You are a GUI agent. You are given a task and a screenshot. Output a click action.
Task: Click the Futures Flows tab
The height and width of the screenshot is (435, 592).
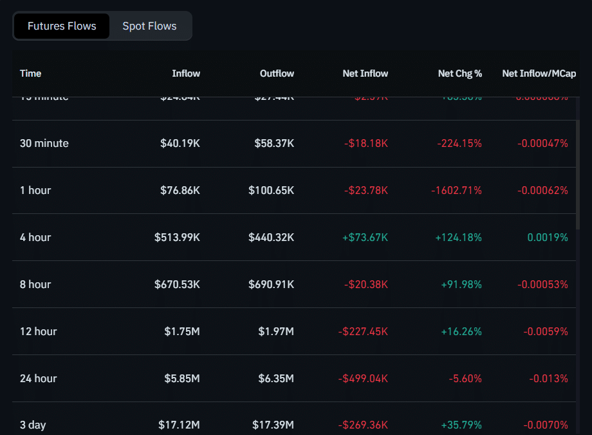pos(62,26)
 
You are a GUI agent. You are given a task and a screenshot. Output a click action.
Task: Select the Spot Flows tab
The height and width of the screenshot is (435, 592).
pos(149,26)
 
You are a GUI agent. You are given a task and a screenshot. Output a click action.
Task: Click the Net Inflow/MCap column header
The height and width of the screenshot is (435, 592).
pos(539,73)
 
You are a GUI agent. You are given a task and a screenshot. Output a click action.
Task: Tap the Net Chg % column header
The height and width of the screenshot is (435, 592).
pos(459,73)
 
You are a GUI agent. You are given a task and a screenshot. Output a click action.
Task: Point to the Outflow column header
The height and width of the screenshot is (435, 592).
pos(277,73)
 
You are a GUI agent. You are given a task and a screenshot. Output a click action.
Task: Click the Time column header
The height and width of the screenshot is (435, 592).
pos(31,73)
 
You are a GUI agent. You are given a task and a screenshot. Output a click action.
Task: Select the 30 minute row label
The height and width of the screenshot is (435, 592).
pos(44,143)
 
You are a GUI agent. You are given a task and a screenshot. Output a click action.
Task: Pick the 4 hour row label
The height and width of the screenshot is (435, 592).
pos(35,237)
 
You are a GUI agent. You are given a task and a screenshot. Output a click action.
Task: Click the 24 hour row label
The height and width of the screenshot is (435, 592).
pos(39,378)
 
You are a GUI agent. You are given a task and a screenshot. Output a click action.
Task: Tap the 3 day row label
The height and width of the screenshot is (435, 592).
pos(33,425)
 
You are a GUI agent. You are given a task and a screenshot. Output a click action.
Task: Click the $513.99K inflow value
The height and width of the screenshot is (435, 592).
pos(177,237)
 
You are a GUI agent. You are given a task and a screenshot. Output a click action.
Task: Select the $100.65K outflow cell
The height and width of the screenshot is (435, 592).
pos(271,190)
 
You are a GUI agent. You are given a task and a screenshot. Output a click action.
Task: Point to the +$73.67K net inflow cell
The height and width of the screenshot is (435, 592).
pos(365,237)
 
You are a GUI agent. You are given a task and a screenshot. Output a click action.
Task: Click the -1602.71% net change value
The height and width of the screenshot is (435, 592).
pos(456,190)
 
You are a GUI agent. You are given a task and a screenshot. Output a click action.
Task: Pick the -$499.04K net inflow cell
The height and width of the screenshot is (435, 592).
pos(363,378)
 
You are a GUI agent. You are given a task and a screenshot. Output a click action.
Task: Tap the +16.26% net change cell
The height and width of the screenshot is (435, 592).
pos(461,331)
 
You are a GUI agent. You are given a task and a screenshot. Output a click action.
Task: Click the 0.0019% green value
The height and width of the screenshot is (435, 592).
pos(548,237)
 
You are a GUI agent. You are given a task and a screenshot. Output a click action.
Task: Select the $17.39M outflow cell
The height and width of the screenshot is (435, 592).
pos(273,425)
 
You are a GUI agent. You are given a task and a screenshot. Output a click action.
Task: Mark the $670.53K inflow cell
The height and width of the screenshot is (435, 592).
pos(177,284)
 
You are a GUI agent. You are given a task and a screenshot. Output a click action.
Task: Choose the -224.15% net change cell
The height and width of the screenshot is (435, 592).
pos(459,143)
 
